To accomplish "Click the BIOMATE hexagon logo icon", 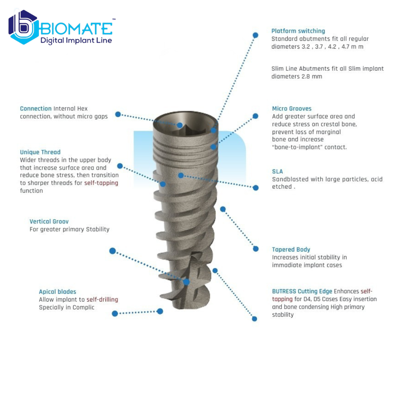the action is [24, 27].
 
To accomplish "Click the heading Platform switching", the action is [298, 31].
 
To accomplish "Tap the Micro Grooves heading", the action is [292, 109].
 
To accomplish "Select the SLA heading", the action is [278, 171].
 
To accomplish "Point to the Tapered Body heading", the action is [291, 249].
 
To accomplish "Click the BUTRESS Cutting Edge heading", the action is [302, 291].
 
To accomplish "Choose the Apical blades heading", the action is [58, 292].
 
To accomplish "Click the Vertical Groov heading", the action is [49, 222].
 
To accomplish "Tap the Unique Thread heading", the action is [40, 152].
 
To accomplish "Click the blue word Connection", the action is [36, 109].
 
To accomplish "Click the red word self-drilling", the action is [102, 299].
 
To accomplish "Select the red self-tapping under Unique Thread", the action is [101, 183].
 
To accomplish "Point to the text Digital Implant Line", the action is [76, 41].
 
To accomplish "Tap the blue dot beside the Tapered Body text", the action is [256, 249].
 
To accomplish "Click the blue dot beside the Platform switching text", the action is [255, 35].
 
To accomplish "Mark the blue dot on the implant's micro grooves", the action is [213, 147].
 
